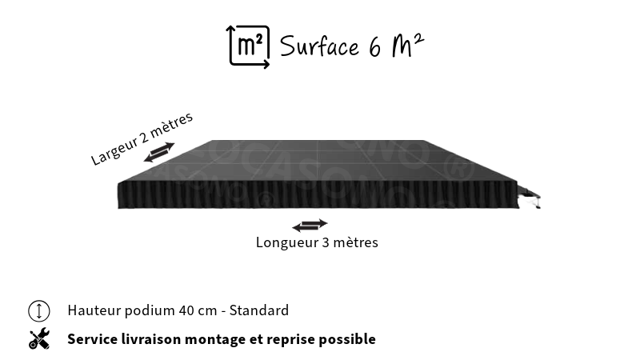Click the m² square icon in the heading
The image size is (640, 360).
point(248,46)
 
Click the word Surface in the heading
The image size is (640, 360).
point(319,46)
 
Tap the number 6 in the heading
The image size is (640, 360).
point(375,47)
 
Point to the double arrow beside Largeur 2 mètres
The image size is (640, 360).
point(159,152)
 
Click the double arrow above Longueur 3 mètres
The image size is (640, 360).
point(310,225)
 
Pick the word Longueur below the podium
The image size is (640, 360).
point(287,242)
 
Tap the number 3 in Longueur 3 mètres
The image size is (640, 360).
point(326,242)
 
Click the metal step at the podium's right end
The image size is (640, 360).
point(530,197)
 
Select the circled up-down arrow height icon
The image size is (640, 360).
point(39,310)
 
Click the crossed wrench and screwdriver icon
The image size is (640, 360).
point(39,339)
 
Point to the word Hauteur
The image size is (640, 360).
point(94,310)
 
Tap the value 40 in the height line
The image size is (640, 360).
point(186,310)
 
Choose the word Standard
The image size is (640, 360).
point(258,310)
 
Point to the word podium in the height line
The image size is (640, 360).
point(150,311)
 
